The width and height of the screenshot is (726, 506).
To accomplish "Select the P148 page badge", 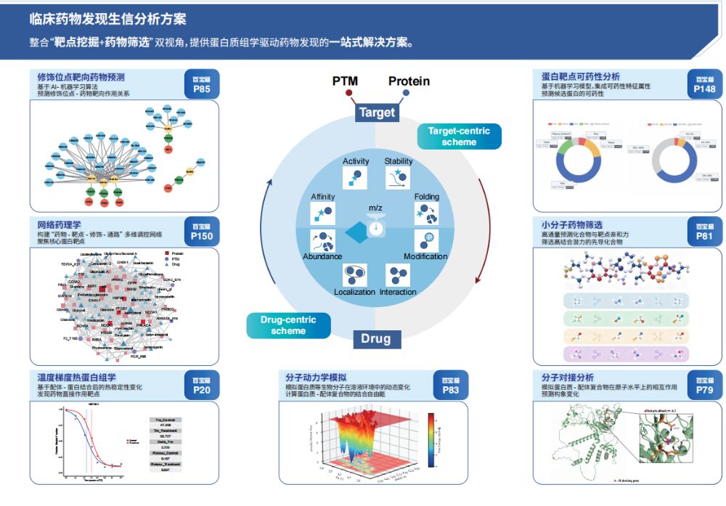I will click(x=704, y=84).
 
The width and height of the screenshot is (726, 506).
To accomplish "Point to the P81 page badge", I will click(x=704, y=231).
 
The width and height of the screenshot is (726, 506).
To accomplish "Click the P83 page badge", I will click(x=451, y=385).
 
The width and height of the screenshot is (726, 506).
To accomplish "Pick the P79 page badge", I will click(x=704, y=385).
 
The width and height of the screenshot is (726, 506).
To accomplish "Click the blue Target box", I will click(x=377, y=113).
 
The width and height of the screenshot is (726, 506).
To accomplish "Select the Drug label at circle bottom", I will click(x=376, y=339).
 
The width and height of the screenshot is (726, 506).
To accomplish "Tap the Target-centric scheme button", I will click(x=459, y=136).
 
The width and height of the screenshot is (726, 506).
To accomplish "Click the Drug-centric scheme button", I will click(x=288, y=325).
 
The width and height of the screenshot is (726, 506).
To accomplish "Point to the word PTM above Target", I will click(x=345, y=81).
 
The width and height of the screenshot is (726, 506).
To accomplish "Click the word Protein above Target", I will click(x=409, y=81).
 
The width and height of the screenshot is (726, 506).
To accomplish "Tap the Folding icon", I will click(x=425, y=213).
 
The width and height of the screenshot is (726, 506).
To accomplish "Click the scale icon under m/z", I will click(x=375, y=227).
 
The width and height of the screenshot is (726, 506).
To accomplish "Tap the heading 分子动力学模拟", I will click(x=316, y=378).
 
